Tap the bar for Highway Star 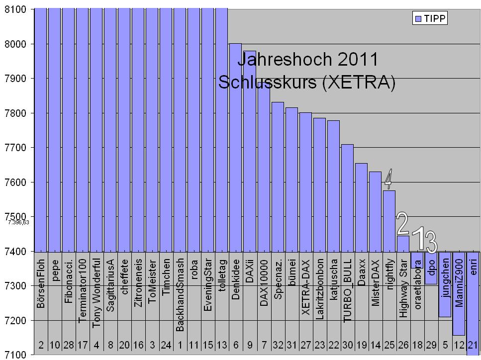pyautogui.click(x=403, y=243)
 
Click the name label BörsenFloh pyautogui.click(x=41, y=283)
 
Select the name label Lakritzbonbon pyautogui.click(x=320, y=288)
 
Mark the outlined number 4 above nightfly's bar pyautogui.click(x=388, y=179)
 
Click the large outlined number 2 pyautogui.click(x=402, y=224)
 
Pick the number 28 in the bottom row pyautogui.click(x=69, y=344)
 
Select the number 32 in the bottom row pyautogui.click(x=278, y=344)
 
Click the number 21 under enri pyautogui.click(x=473, y=344)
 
